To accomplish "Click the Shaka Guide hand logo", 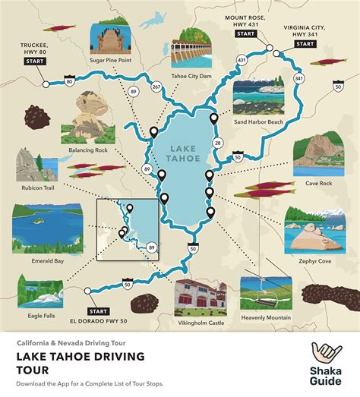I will pos(326,356).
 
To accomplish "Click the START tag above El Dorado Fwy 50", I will pos(98,311).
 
